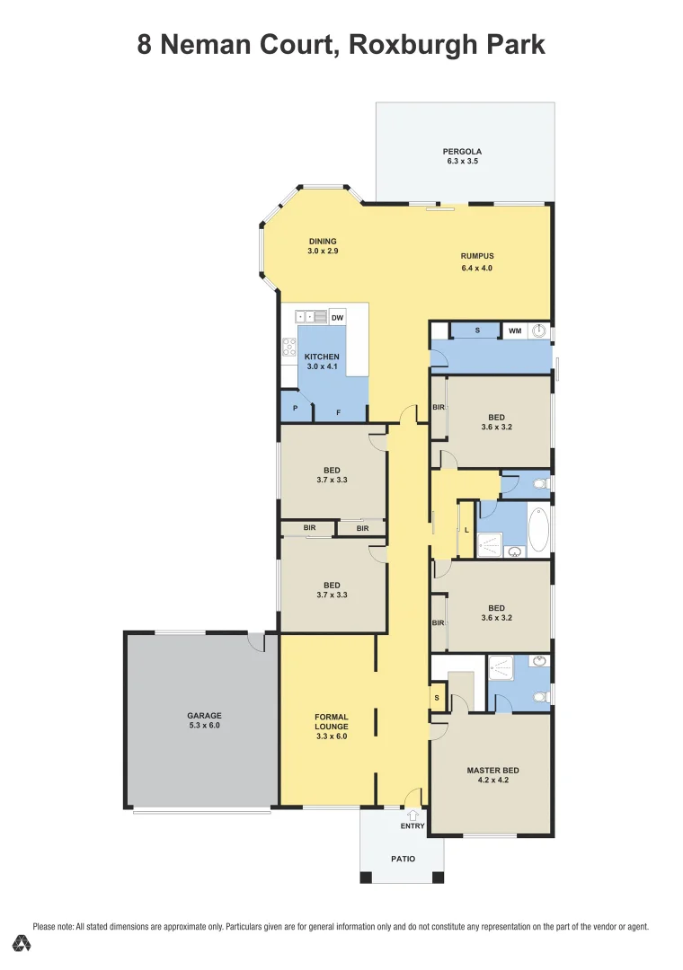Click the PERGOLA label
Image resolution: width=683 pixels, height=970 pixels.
(x=463, y=151)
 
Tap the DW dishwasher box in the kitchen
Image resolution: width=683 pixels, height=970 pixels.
(x=337, y=317)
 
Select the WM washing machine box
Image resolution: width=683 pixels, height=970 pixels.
(x=514, y=331)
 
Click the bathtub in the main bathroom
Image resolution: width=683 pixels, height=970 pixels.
(x=537, y=531)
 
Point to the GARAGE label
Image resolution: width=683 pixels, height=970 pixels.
(x=204, y=716)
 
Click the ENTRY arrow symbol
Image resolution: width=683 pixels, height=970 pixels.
(x=412, y=814)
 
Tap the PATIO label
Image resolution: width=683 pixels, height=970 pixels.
(x=403, y=859)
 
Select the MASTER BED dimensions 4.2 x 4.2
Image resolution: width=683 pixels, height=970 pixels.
(x=492, y=780)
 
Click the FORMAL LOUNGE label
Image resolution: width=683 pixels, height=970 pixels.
(x=331, y=721)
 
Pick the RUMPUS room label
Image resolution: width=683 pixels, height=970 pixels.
(x=476, y=256)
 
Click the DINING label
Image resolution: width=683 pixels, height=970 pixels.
(x=323, y=241)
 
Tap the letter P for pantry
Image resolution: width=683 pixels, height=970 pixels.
(x=295, y=408)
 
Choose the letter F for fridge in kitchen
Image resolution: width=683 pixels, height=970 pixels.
(x=338, y=413)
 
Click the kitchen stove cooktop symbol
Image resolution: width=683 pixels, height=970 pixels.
(x=289, y=347)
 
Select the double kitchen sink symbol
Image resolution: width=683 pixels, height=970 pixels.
(x=305, y=317)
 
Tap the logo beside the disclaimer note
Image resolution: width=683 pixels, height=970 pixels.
(x=22, y=943)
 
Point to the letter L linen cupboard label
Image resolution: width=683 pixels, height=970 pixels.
(x=466, y=530)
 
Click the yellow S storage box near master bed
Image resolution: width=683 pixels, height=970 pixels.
(x=437, y=697)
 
